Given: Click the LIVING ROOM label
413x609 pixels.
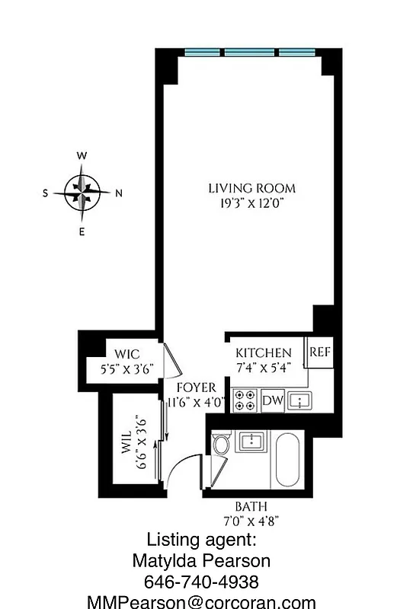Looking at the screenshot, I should tap(251, 188).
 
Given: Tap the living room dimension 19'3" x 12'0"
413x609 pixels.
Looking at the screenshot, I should tap(251, 202).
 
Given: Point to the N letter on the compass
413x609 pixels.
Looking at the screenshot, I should tap(118, 193).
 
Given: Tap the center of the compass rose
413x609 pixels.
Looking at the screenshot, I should tap(82, 192).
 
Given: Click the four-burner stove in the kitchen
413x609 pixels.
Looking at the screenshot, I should tap(245, 400).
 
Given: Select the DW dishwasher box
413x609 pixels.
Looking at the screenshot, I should tap(272, 400).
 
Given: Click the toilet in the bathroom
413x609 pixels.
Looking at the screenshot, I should tap(221, 444).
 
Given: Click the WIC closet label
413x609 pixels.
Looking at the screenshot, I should tap(127, 354).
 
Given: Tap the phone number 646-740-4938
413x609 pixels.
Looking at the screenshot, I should tap(202, 582).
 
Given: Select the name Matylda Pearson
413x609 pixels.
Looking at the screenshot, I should tap(202, 563).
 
